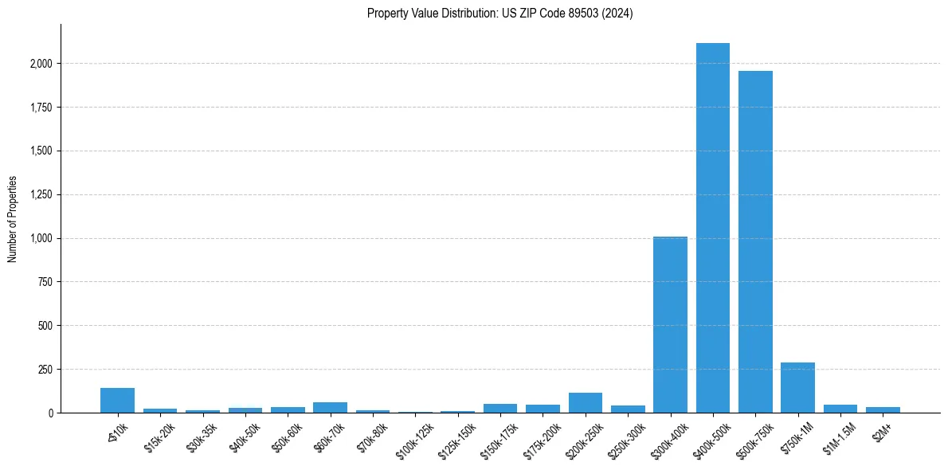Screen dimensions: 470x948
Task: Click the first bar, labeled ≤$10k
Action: [117, 401]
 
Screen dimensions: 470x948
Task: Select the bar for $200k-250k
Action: [586, 403]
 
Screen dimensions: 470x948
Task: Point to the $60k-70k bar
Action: [330, 408]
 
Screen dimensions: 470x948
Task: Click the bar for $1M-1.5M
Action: [840, 409]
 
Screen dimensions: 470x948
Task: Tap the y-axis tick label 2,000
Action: [41, 64]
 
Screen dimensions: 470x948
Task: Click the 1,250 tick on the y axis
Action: [41, 195]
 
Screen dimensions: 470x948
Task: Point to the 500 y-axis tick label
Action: [46, 326]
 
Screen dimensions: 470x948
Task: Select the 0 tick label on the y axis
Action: [49, 413]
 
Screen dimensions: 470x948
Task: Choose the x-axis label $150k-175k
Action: [499, 435]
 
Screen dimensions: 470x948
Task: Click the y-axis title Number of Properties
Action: [13, 218]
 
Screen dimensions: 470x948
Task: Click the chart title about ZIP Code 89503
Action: [499, 14]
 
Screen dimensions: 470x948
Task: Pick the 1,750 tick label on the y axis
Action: [41, 108]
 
